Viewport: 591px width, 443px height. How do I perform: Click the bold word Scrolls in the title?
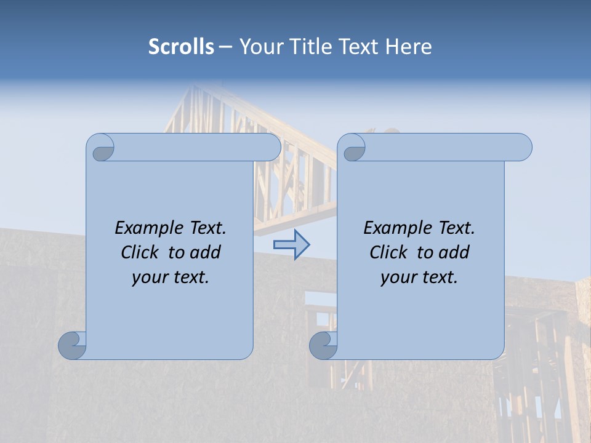(182, 47)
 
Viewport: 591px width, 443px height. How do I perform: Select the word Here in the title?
(409, 47)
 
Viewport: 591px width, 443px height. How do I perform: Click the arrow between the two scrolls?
(291, 245)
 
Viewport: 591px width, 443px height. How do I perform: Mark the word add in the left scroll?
(206, 253)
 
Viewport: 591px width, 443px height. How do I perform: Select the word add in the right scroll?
(455, 253)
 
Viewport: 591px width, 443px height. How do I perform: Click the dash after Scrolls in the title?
(225, 47)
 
